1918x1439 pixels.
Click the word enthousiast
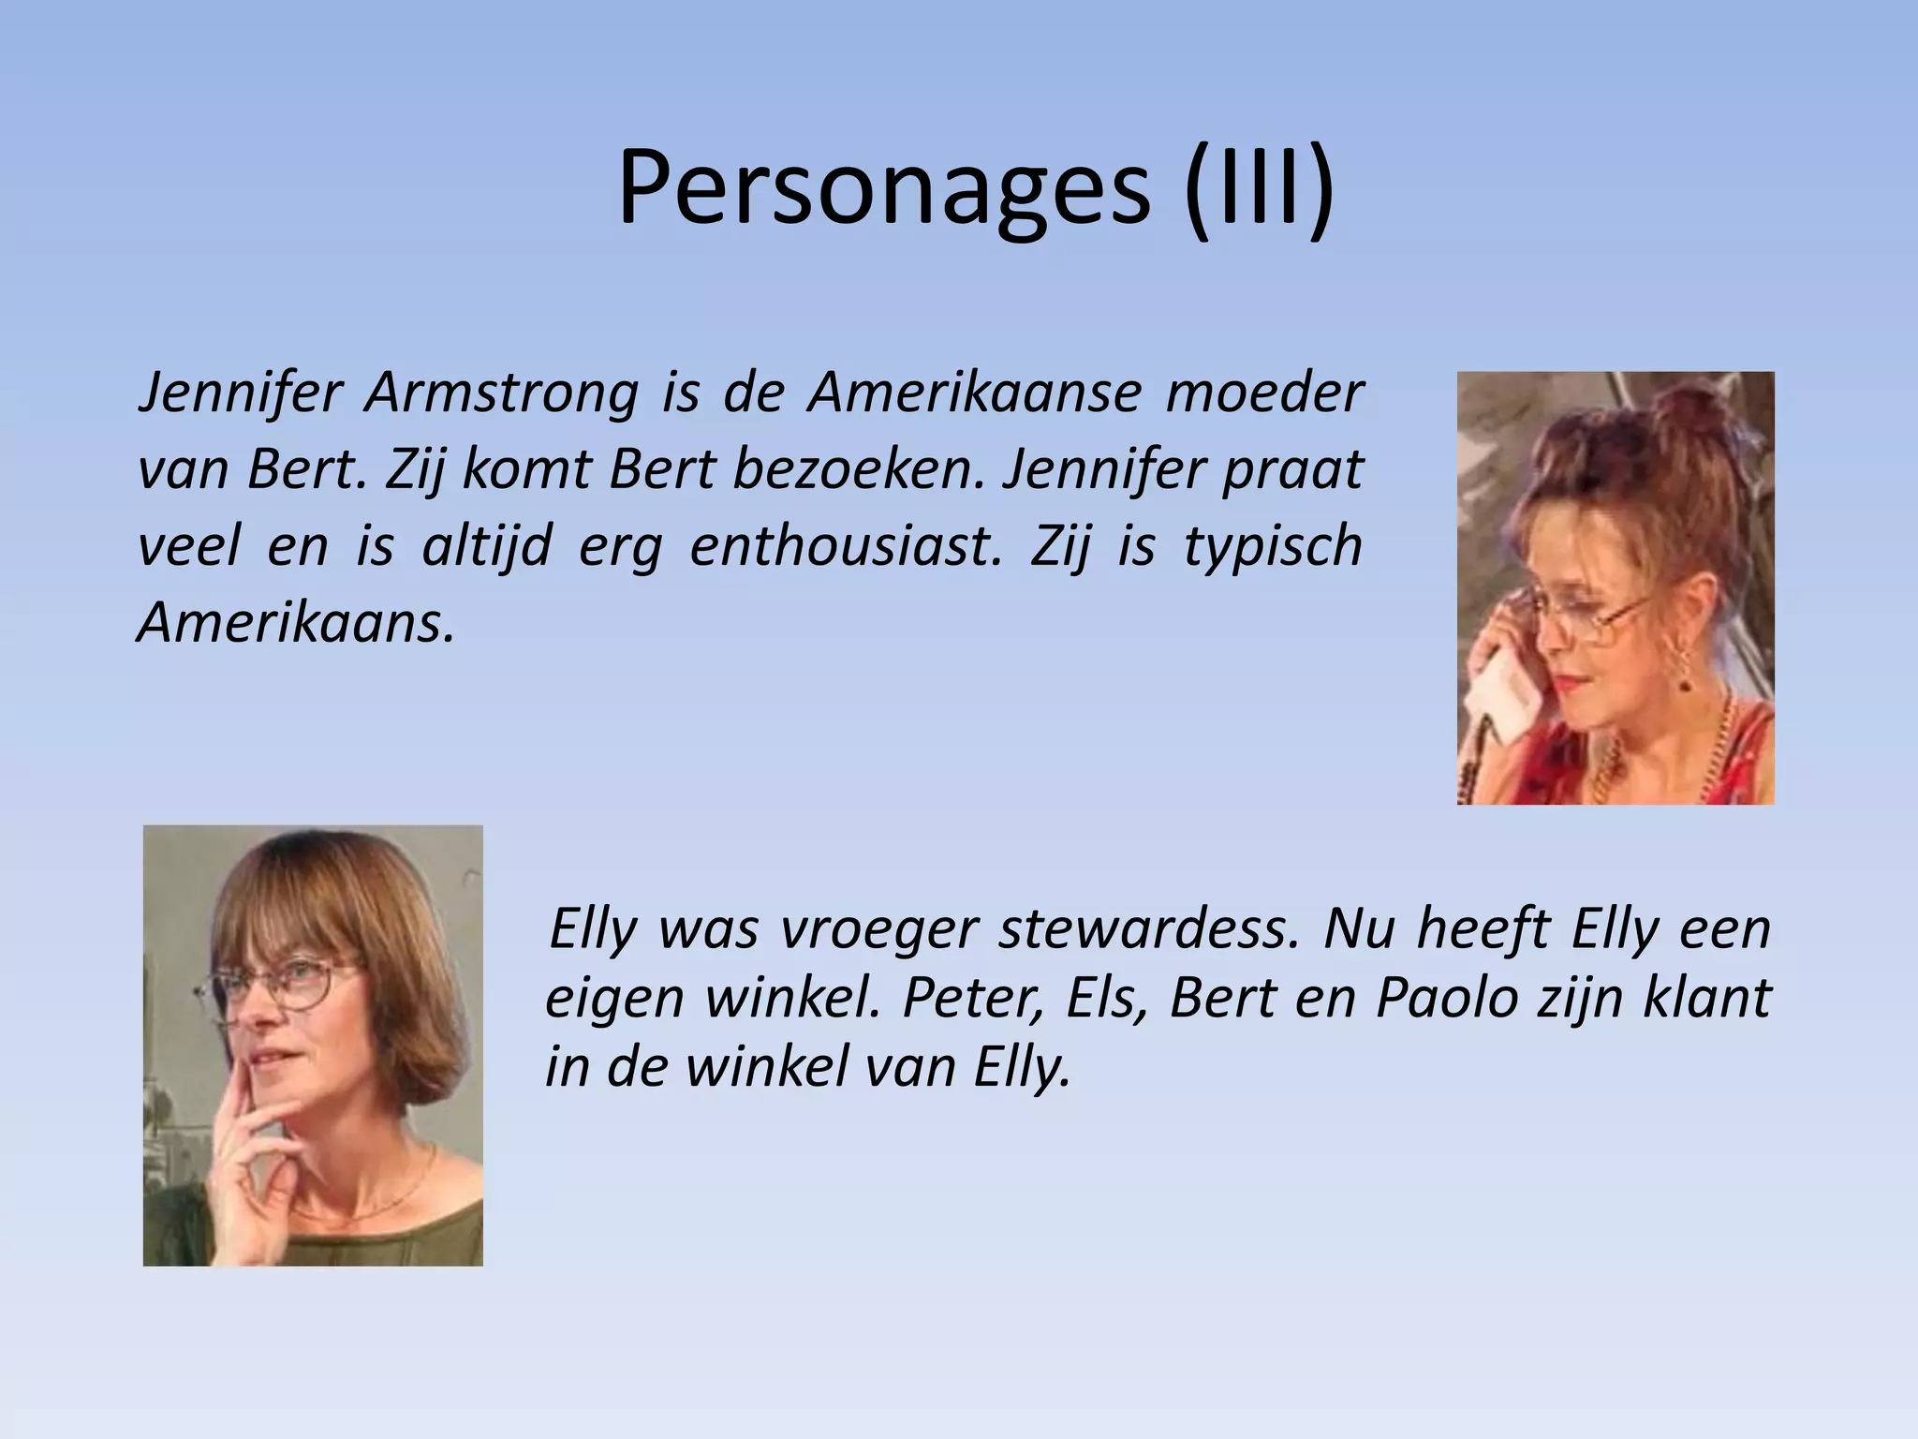840,545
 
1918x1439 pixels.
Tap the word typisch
1273,545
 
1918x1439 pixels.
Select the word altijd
486,545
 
